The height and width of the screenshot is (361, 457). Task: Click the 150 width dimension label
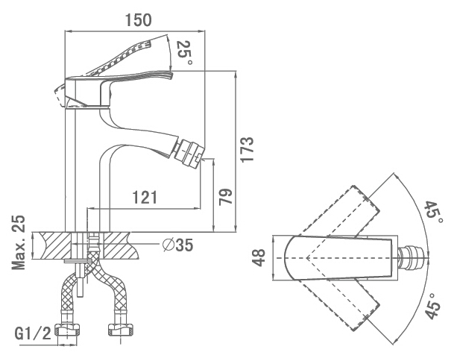[138, 20]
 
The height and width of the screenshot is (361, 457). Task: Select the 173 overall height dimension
[248, 148]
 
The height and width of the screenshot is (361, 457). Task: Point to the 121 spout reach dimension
[145, 198]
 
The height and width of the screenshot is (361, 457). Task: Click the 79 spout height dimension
[226, 197]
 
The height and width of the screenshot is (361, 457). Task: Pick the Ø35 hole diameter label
[177, 245]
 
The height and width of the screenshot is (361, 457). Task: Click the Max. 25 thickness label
[18, 242]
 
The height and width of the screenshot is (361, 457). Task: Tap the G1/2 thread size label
[33, 333]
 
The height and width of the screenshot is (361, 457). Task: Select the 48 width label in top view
[259, 258]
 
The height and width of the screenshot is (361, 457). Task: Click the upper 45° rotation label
[434, 211]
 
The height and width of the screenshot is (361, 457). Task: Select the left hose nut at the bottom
[69, 330]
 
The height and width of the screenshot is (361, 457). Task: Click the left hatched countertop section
[52, 245]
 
